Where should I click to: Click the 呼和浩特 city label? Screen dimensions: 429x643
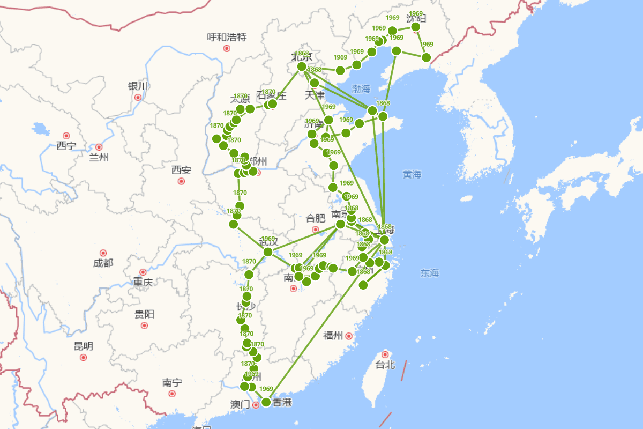pos(227,37)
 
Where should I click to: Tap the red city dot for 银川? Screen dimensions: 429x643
pos(138,97)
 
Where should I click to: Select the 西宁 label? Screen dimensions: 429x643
pos(66,145)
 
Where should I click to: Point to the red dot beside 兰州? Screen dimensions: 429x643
pos(99,147)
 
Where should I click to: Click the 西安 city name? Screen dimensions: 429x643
pos(181,170)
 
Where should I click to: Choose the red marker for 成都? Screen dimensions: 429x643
pos(103,253)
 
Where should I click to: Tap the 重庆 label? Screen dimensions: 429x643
pos(143,282)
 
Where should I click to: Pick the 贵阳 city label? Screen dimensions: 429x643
pos(144,314)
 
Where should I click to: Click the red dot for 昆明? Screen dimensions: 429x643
pos(83,357)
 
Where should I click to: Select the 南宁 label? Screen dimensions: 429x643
pos(172,383)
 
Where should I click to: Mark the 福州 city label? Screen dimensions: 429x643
pos(333,336)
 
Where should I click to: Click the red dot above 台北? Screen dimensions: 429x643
pos(385,354)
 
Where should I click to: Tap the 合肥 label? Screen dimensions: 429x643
pos(316,218)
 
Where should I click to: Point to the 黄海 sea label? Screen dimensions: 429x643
pos(412,174)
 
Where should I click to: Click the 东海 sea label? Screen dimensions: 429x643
pos(429,273)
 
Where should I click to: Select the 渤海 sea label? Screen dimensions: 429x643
pos(361,88)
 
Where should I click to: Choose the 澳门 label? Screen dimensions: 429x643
pos(240,404)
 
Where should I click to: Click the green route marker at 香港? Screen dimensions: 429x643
pos(266,402)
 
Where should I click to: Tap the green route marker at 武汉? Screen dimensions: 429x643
pos(268,252)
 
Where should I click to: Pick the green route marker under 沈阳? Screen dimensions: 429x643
pos(415,27)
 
